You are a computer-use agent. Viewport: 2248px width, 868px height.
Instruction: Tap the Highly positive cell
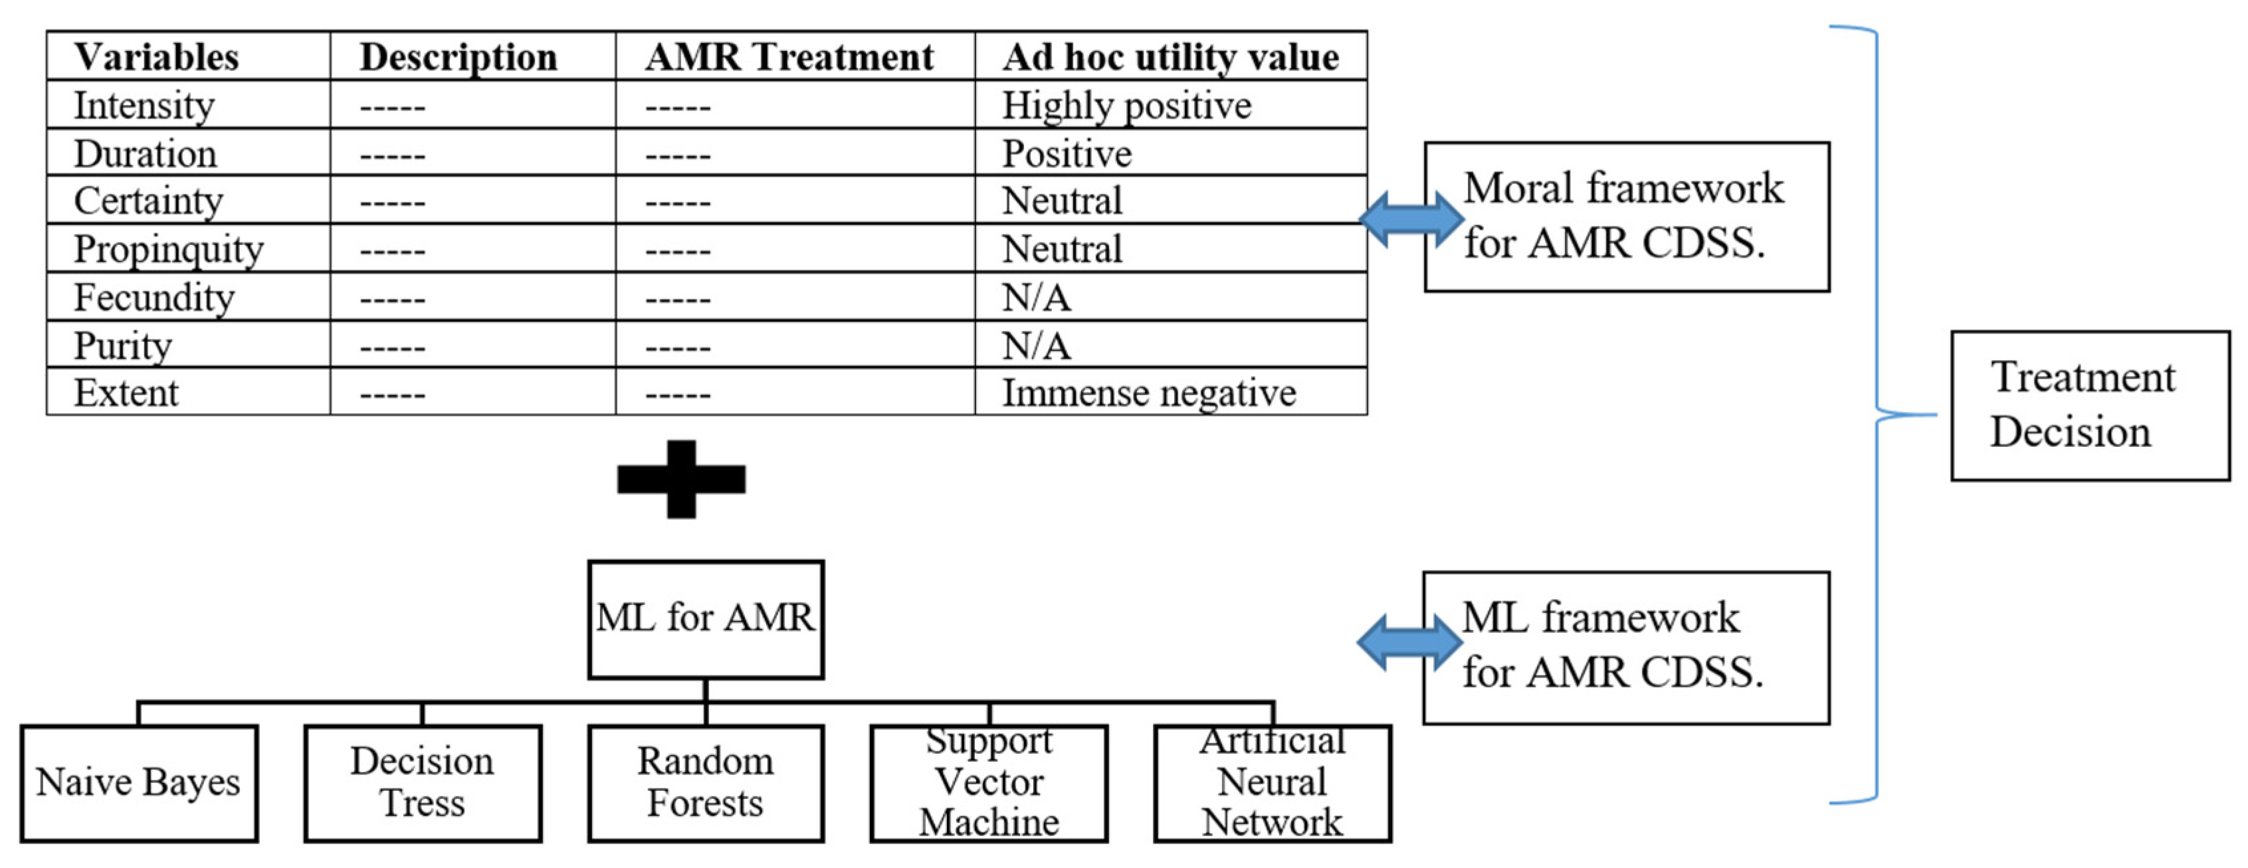[1126, 106]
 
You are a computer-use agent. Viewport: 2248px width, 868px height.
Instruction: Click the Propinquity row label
[168, 250]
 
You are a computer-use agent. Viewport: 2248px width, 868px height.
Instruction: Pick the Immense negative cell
[1148, 392]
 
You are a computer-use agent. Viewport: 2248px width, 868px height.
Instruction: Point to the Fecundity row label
[154, 298]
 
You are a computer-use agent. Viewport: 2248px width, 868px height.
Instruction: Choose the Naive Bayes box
[139, 782]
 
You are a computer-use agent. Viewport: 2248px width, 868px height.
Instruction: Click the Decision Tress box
[423, 782]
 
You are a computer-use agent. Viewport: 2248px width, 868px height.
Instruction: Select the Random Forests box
[705, 782]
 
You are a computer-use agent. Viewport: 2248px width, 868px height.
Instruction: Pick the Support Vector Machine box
[989, 782]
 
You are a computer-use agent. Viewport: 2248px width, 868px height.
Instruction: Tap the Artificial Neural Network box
[1273, 782]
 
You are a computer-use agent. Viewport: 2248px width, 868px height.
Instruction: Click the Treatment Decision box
[2089, 406]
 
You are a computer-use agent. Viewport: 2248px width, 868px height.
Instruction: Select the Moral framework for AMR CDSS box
[1626, 217]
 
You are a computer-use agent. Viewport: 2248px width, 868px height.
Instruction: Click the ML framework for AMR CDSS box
[1626, 648]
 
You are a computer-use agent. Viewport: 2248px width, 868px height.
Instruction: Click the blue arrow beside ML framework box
[1409, 642]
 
